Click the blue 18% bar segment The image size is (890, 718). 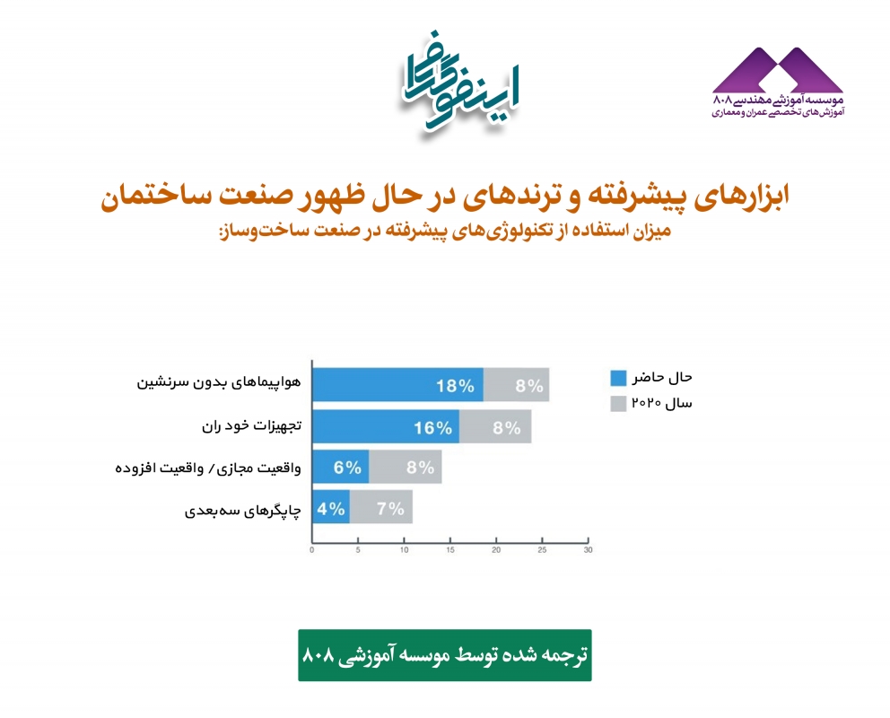397,385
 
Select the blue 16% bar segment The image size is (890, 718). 386,426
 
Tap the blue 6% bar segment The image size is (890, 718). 341,467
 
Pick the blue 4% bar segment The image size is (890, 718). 331,507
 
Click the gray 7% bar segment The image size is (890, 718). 381,507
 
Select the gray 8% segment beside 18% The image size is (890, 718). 517,385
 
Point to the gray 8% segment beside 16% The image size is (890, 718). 495,426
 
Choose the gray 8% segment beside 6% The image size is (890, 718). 406,467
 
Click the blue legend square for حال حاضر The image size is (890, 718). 618,378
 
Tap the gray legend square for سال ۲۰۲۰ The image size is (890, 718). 618,404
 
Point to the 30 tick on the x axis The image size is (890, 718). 589,541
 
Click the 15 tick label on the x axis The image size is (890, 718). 450,550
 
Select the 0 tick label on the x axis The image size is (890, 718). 311,550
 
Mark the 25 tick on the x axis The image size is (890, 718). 543,541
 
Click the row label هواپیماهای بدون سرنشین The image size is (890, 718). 219,382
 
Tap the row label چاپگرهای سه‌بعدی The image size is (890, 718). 243,511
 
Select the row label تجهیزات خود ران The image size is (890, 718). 252,425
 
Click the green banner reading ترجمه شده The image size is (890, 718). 445,655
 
